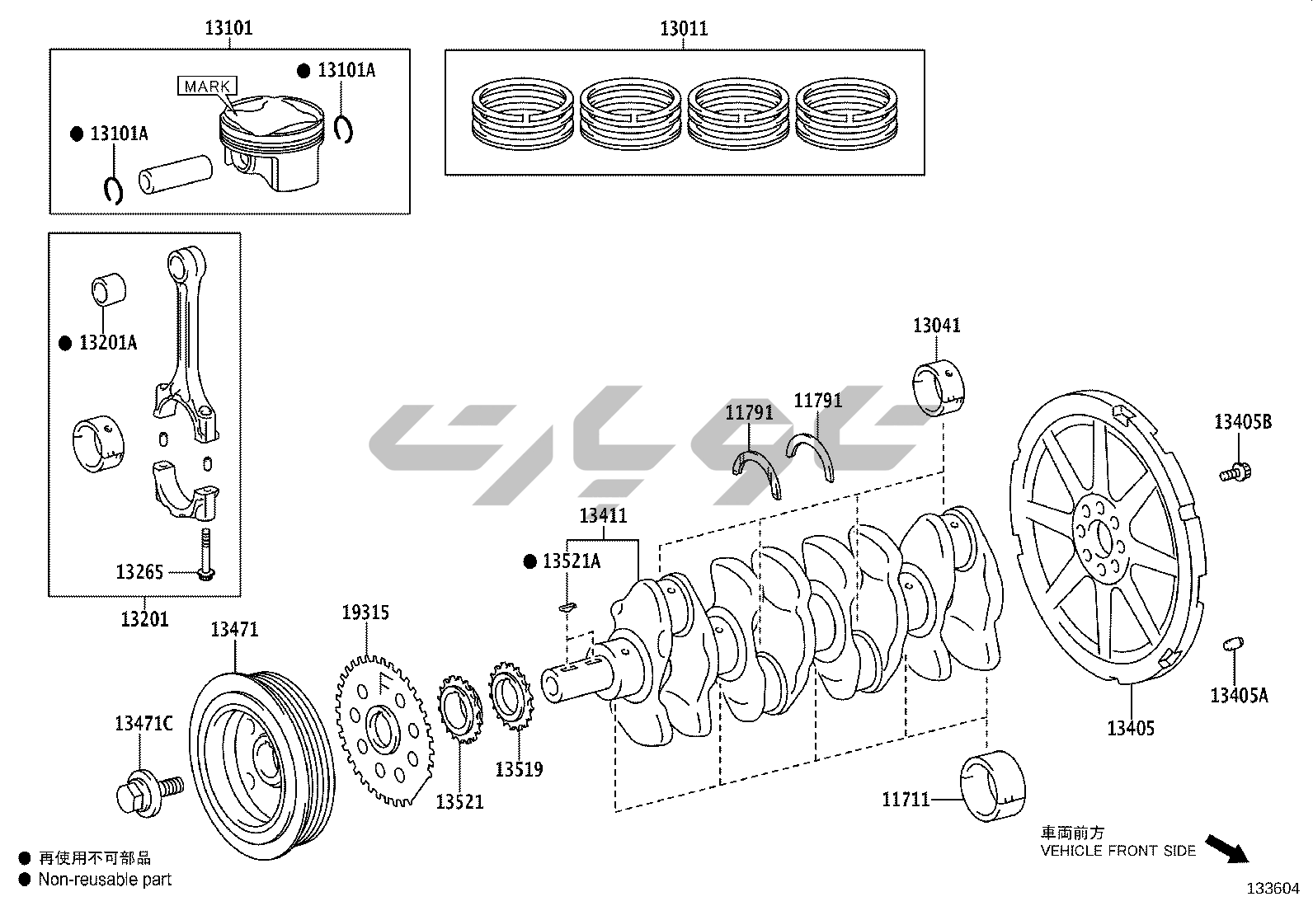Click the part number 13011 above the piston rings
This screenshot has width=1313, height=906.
coord(684,30)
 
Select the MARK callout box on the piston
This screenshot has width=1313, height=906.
coord(207,86)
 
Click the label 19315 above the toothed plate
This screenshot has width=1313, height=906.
coord(365,613)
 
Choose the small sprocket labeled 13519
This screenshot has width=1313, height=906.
coord(511,698)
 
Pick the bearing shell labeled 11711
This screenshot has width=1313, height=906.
coord(994,786)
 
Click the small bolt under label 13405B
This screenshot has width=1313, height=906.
coord(1234,472)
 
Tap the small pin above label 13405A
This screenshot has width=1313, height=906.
coord(1233,644)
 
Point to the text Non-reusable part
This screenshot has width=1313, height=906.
coord(105,880)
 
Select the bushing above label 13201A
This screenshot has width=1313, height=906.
coord(107,290)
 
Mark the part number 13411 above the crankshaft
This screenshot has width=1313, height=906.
coord(603,516)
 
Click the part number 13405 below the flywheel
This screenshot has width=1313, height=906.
coord(1130,728)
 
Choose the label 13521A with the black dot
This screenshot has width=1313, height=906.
coord(571,561)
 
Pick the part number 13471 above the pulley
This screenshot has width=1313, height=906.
coord(234,630)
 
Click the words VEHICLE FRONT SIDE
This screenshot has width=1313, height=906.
coord(1118,851)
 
